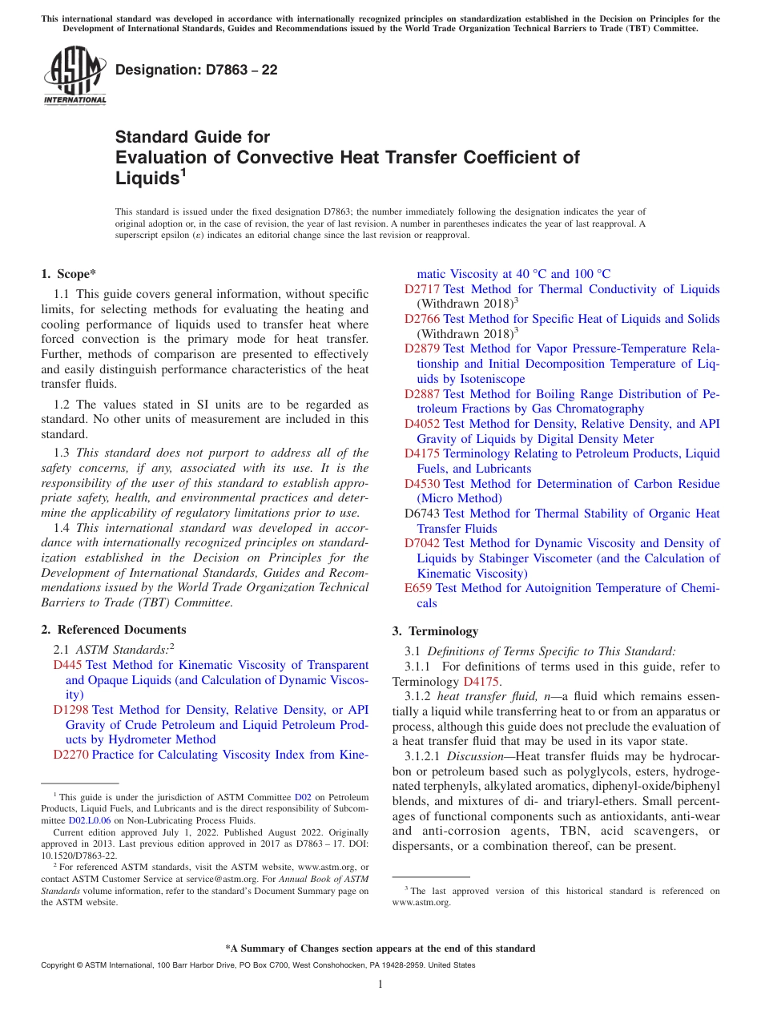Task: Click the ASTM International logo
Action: pos(74,76)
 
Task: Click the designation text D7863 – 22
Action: pos(196,70)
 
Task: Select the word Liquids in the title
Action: pos(145,178)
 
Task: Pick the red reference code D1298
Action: pos(71,710)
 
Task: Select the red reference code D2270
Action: pos(71,755)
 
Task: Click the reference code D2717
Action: pos(422,289)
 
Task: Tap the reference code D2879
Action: pos(422,348)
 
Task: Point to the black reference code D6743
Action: pos(422,514)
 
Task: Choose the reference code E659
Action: pos(418,588)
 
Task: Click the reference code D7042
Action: pos(422,543)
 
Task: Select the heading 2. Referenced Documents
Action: pos(114,630)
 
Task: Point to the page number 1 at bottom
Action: pos(380,984)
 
